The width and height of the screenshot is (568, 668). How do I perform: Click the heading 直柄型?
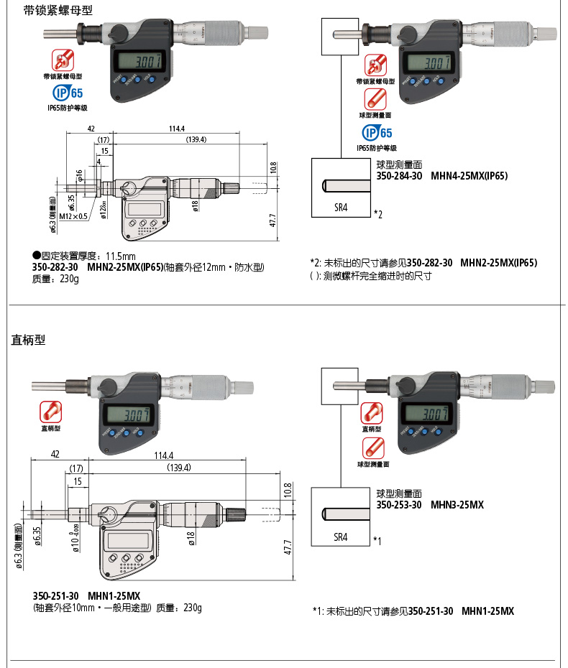pos(28,340)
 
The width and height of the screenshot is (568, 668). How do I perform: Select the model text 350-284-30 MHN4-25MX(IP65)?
pos(442,175)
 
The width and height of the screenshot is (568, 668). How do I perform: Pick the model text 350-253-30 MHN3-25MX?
pos(430,505)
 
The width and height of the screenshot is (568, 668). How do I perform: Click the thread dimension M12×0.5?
pos(73,216)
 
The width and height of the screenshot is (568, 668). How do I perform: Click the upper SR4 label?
pos(341,207)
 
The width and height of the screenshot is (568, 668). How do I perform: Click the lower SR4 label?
pos(341,537)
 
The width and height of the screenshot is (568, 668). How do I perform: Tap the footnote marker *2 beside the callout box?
pos(377,214)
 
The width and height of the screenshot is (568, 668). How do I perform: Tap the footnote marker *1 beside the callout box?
pos(377,540)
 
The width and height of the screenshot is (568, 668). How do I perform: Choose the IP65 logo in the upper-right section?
pos(377,133)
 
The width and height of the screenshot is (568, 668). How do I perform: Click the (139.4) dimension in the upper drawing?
pos(196,139)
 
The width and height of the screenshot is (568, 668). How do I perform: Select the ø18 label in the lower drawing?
pos(193,538)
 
